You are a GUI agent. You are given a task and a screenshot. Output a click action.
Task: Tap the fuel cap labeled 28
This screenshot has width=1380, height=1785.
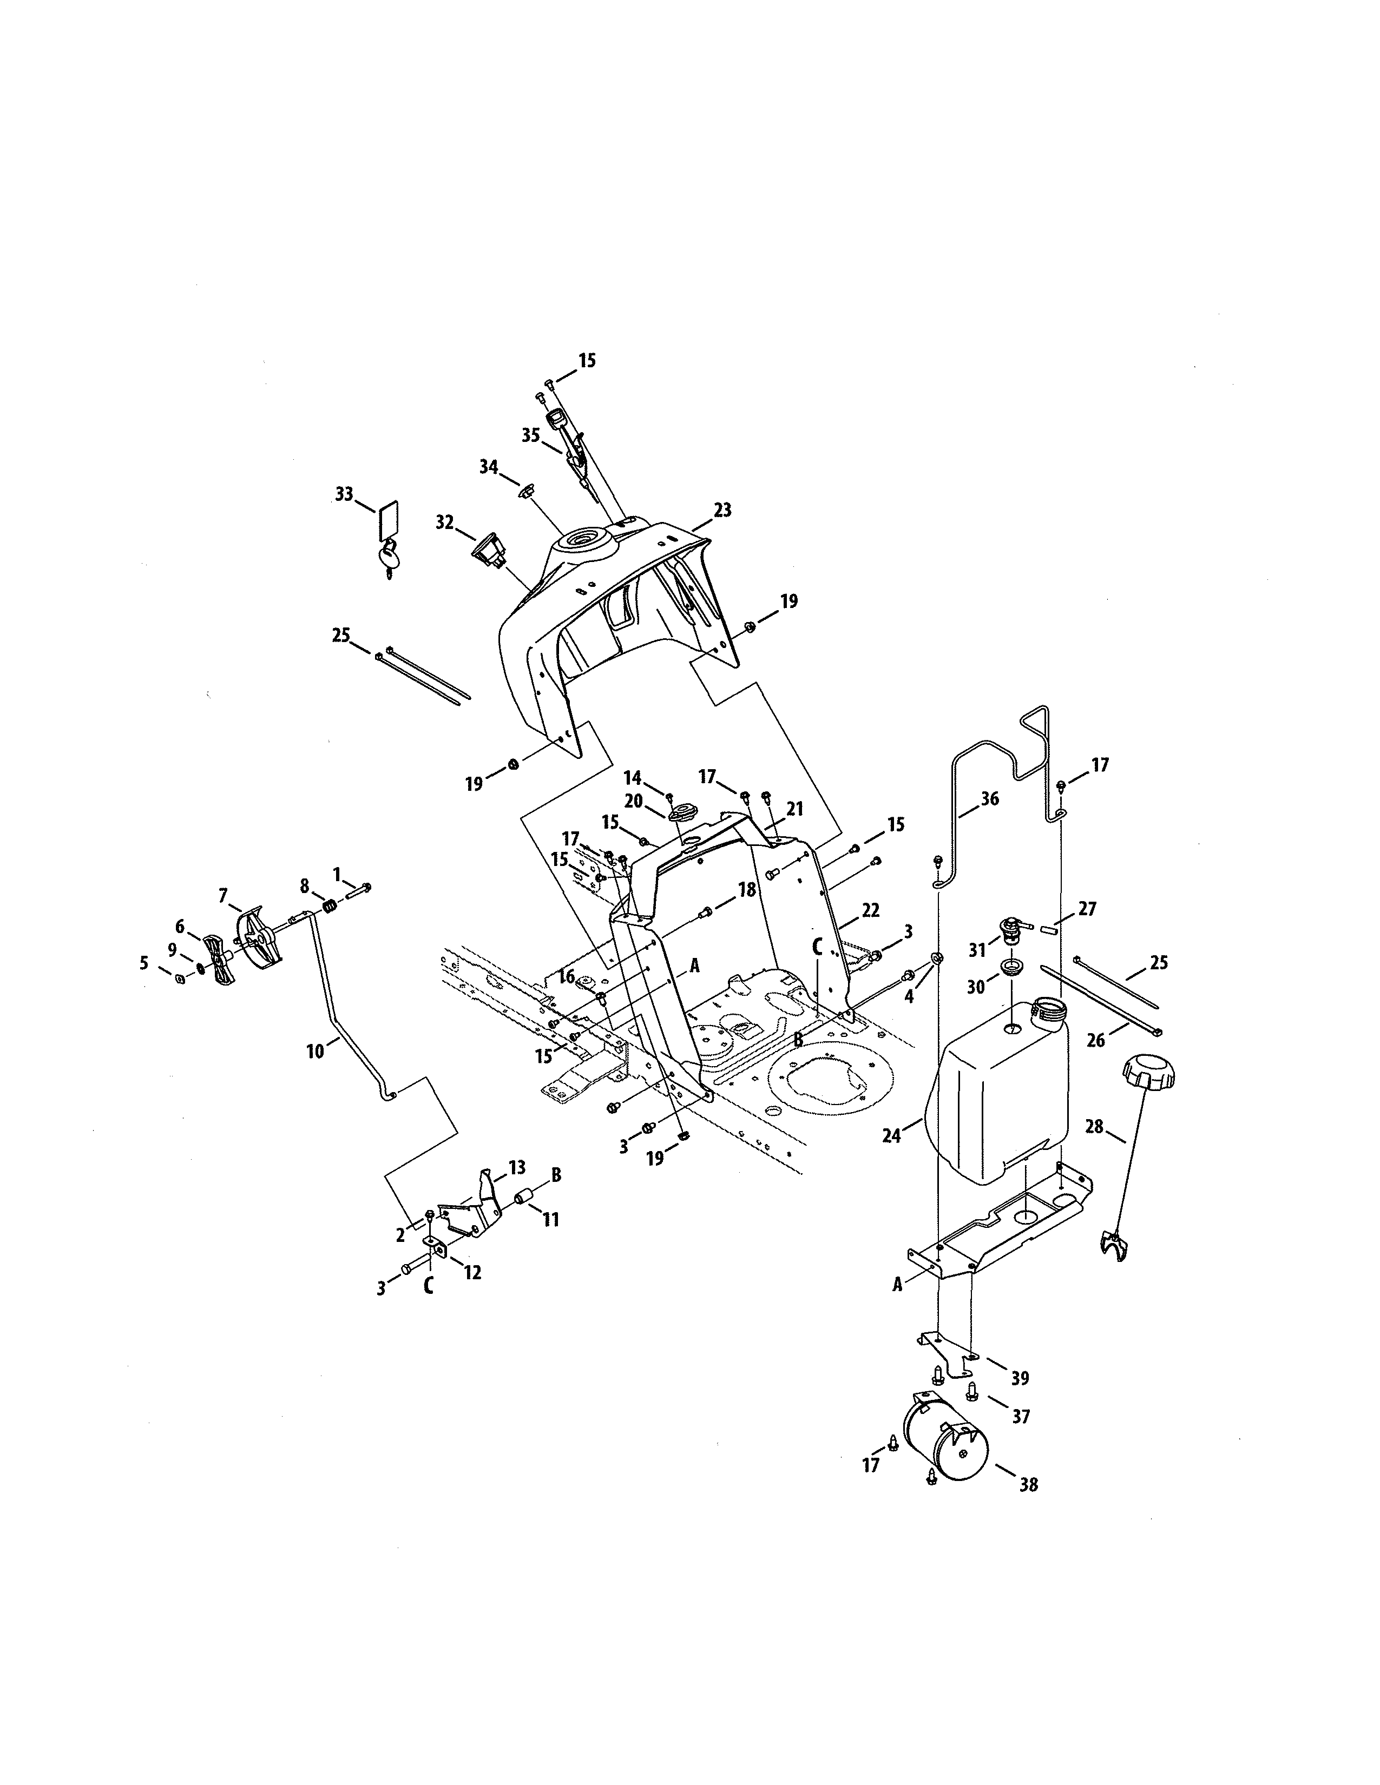(1148, 1072)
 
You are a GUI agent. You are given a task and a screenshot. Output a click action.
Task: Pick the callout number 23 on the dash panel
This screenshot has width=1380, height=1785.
(722, 510)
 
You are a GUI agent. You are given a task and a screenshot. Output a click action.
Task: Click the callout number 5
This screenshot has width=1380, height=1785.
(144, 963)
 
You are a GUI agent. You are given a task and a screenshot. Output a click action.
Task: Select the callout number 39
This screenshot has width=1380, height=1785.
(1020, 1378)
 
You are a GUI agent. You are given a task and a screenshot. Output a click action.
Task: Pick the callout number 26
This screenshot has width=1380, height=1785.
(1095, 1040)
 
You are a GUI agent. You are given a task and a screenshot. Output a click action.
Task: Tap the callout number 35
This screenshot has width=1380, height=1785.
(530, 435)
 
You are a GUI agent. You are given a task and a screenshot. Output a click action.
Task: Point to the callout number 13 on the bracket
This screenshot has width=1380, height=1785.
(517, 1167)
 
